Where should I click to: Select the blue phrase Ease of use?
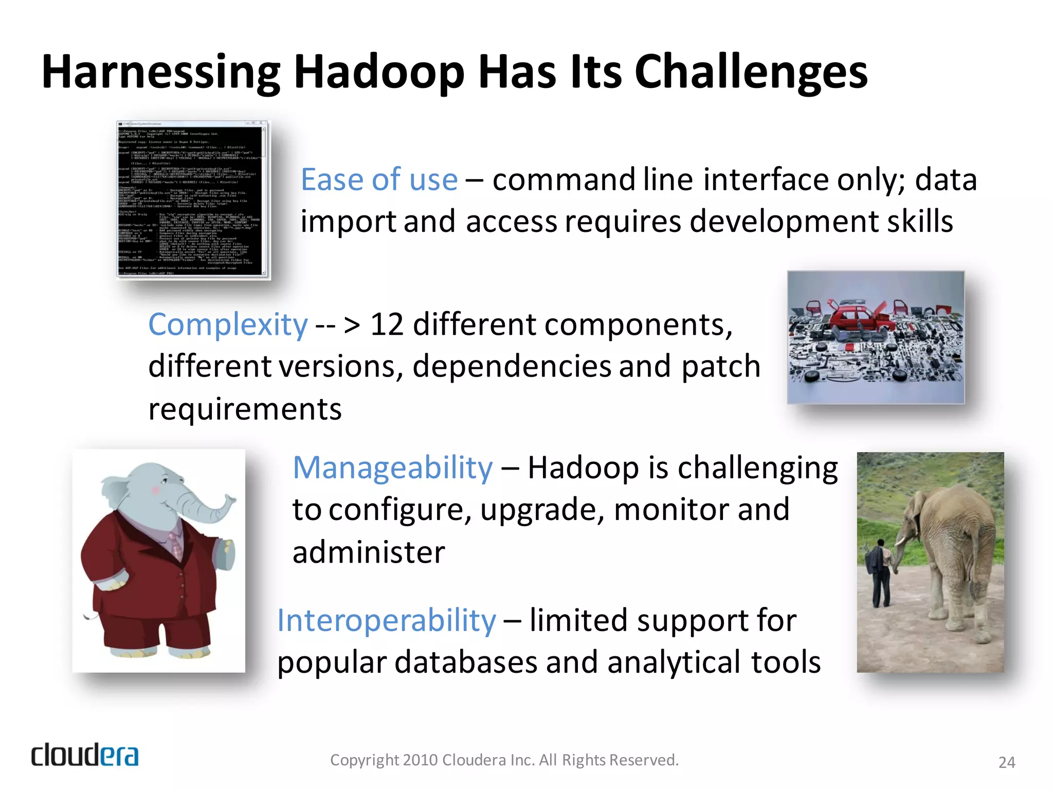tap(379, 179)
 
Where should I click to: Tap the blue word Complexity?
tap(228, 325)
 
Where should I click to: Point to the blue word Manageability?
tap(392, 468)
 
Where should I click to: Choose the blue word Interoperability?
tap(387, 620)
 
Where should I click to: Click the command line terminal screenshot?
tap(192, 200)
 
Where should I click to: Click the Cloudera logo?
tap(85, 756)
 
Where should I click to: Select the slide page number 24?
tap(1006, 762)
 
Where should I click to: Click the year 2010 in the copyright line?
tap(421, 760)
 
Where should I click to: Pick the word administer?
tap(368, 553)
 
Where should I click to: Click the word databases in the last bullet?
tap(466, 662)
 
